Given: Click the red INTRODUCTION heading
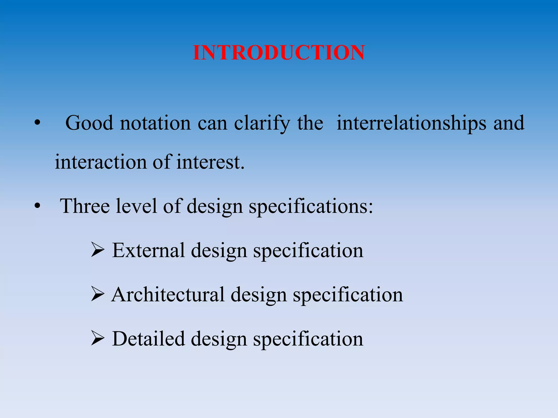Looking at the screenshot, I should click(x=279, y=53).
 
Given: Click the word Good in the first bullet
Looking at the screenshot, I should click(x=89, y=123).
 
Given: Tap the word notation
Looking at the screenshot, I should click(x=155, y=123).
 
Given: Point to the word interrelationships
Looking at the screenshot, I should click(x=411, y=123).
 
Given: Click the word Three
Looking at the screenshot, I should click(x=85, y=206).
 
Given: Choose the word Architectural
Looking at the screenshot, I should click(x=168, y=295).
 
